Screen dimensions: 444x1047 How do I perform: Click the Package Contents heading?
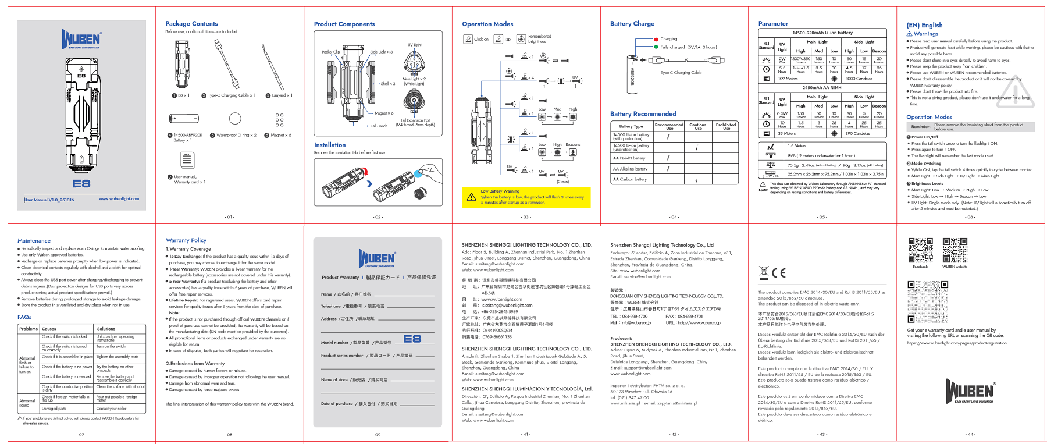[x=191, y=24]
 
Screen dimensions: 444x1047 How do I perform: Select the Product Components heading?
[x=344, y=24]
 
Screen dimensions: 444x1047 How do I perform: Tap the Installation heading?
[x=330, y=145]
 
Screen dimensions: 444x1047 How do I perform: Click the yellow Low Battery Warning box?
[x=526, y=197]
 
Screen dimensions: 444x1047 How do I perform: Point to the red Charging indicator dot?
[x=656, y=39]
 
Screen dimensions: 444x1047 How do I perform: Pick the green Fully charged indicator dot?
[x=656, y=47]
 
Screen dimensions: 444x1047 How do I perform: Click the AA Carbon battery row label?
[x=630, y=179]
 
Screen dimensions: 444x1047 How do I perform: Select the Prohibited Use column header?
[x=726, y=126]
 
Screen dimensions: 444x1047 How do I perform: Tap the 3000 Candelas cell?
[x=859, y=79]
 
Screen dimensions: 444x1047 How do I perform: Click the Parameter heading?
[x=773, y=24]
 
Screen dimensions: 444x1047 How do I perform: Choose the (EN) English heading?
[x=924, y=25]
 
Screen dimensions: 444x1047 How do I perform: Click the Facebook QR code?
[x=920, y=251]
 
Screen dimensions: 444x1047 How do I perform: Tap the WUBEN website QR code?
[x=955, y=251]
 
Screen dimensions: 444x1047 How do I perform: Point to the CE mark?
[x=779, y=273]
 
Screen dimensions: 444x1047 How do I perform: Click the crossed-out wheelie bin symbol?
[x=764, y=272]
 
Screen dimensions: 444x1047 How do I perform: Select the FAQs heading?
[x=24, y=317]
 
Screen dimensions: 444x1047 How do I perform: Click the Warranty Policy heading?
[x=186, y=240]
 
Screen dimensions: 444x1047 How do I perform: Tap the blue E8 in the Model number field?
[x=412, y=339]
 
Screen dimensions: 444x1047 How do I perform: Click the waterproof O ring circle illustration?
[x=235, y=119]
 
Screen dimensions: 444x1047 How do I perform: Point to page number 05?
[x=822, y=217]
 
